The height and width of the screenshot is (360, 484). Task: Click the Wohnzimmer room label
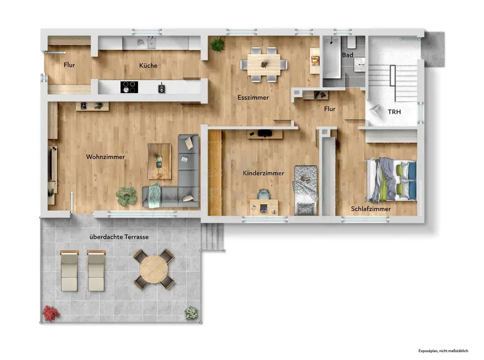click(105, 157)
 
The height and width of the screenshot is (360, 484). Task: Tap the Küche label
click(148, 66)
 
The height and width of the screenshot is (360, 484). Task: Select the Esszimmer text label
click(253, 98)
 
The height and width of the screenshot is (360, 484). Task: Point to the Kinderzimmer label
click(263, 173)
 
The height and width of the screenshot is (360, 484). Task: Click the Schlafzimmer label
click(371, 209)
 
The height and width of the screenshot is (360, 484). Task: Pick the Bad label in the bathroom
click(347, 55)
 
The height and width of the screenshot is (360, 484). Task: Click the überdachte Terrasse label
click(121, 237)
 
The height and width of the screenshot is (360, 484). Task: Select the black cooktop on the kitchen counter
click(129, 87)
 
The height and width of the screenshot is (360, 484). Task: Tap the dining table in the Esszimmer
click(264, 64)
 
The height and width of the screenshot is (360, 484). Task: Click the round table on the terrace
click(154, 269)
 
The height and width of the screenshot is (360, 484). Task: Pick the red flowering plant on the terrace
click(50, 312)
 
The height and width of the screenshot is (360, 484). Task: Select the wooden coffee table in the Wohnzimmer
click(159, 161)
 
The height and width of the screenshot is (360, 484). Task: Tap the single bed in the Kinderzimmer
click(305, 190)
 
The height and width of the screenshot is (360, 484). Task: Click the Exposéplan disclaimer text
click(443, 351)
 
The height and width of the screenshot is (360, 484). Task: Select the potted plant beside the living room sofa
click(126, 196)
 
